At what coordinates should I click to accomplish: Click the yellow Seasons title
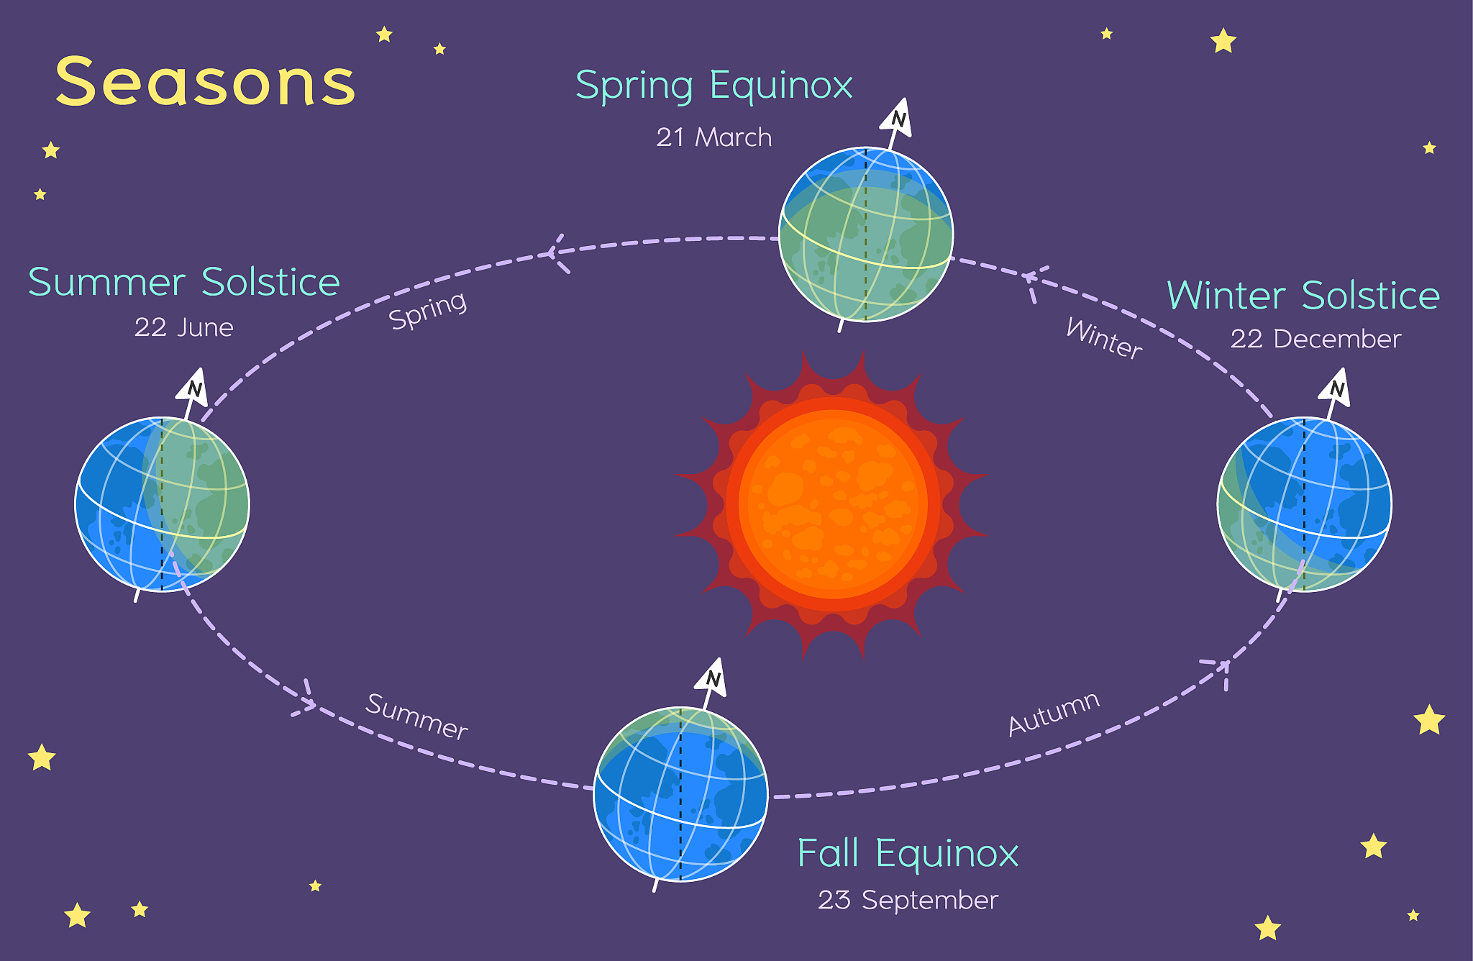(x=206, y=82)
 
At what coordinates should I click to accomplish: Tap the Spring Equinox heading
(x=714, y=86)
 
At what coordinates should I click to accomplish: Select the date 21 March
(x=714, y=137)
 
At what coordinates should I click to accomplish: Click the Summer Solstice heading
(x=184, y=281)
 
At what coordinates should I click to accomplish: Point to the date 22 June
(x=184, y=327)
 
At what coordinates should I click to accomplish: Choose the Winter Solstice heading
(x=1303, y=295)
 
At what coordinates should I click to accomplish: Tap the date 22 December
(x=1315, y=339)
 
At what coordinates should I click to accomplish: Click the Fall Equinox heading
(x=908, y=855)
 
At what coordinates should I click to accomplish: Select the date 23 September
(x=908, y=900)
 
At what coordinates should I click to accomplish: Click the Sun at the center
(x=833, y=504)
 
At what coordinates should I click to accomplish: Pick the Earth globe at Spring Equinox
(x=866, y=234)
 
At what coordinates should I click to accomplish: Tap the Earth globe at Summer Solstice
(x=163, y=504)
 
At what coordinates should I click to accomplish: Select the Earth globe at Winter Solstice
(x=1305, y=504)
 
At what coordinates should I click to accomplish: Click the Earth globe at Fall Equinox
(x=680, y=794)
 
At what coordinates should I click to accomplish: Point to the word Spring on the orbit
(x=428, y=310)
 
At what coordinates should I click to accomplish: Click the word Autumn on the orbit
(x=1054, y=714)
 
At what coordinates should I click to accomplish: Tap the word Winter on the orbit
(x=1104, y=338)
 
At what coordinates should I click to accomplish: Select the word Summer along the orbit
(x=417, y=716)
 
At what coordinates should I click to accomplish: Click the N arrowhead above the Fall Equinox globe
(x=712, y=677)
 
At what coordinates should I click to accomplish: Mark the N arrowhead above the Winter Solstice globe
(x=1336, y=387)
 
